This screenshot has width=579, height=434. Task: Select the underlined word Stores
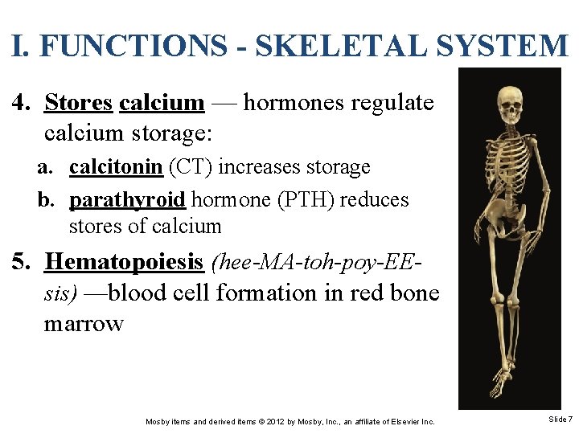coord(79,103)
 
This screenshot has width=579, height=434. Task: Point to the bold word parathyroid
coord(128,199)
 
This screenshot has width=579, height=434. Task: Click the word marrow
coord(84,323)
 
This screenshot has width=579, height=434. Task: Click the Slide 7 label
coord(560,420)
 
